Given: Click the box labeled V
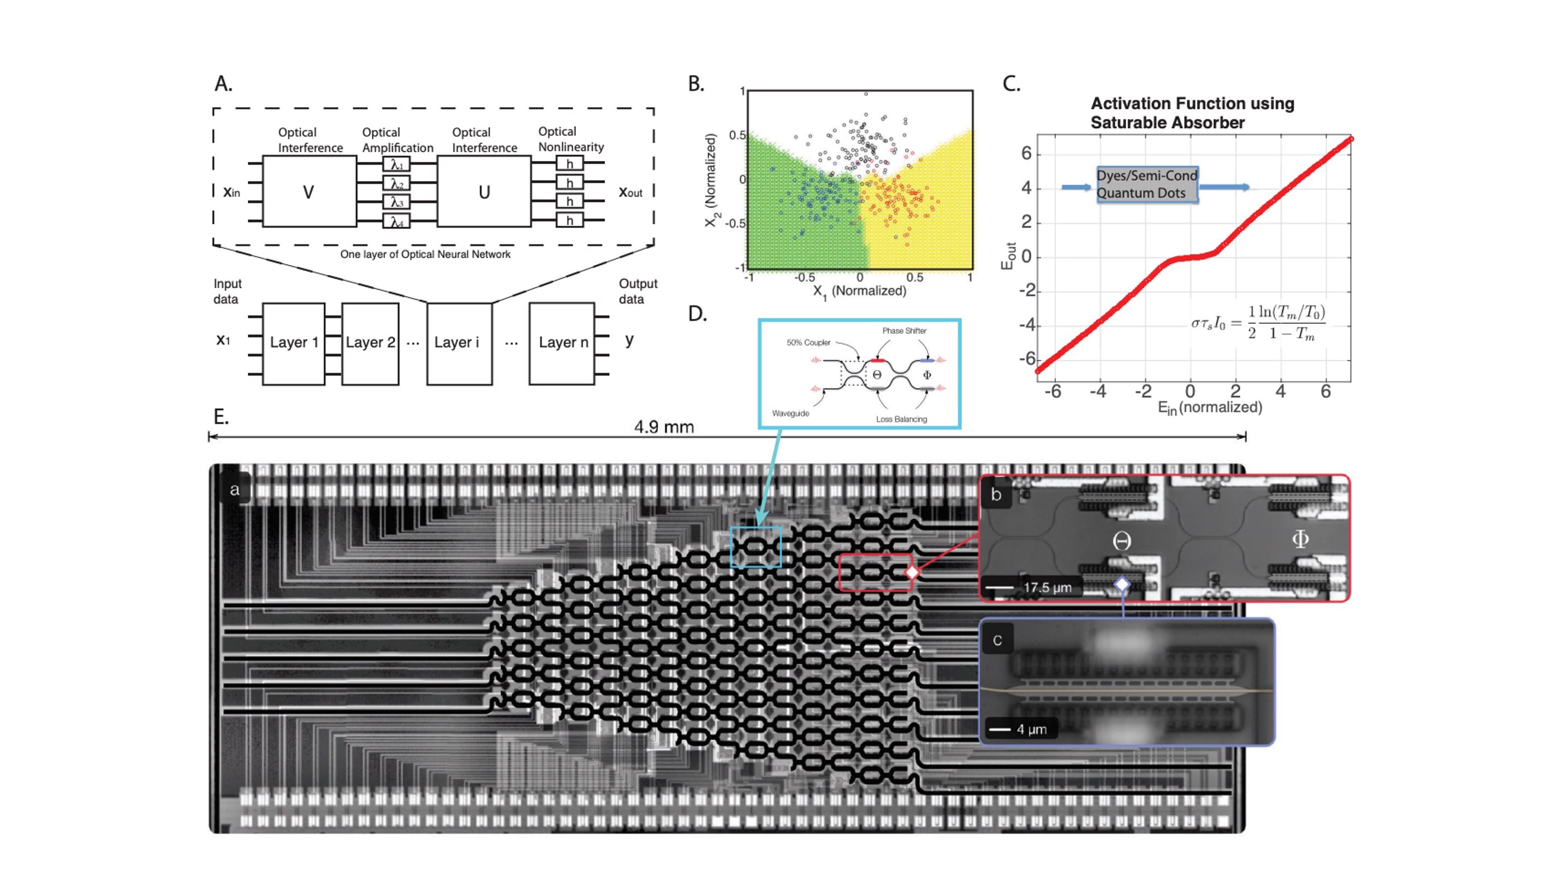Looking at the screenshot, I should tap(309, 192).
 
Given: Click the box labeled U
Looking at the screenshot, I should tap(484, 192).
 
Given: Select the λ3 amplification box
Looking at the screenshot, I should tap(396, 202).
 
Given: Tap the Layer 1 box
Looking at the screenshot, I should tap(294, 343).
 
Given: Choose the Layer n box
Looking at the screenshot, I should tap(563, 343).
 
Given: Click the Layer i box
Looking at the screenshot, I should tap(459, 343).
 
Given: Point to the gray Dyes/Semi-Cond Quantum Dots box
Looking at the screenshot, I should tap(1147, 184).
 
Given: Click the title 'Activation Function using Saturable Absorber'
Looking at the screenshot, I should tap(1192, 114).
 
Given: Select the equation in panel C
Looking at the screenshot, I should tap(1258, 323).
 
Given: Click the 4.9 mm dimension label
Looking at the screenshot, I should tap(664, 427).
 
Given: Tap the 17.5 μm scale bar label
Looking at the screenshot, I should tap(1047, 587).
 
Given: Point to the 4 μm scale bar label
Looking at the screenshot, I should tap(1031, 729).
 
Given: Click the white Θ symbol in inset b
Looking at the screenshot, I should tap(1122, 541).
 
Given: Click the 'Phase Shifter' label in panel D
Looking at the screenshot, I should tap(903, 331).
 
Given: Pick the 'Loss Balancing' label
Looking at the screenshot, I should tap(901, 419).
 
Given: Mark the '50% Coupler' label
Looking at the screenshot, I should tap(808, 343).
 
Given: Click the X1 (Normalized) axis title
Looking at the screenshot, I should tap(859, 291).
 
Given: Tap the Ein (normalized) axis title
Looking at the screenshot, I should tap(1210, 408).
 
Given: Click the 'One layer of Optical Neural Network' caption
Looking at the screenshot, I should tap(425, 254).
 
